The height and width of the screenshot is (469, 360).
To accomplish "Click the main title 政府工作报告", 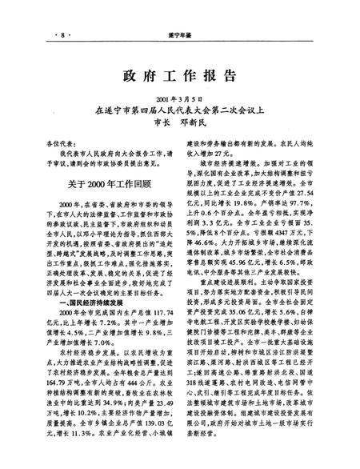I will click(181, 77).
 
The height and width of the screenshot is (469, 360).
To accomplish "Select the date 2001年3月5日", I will click(181, 96).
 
